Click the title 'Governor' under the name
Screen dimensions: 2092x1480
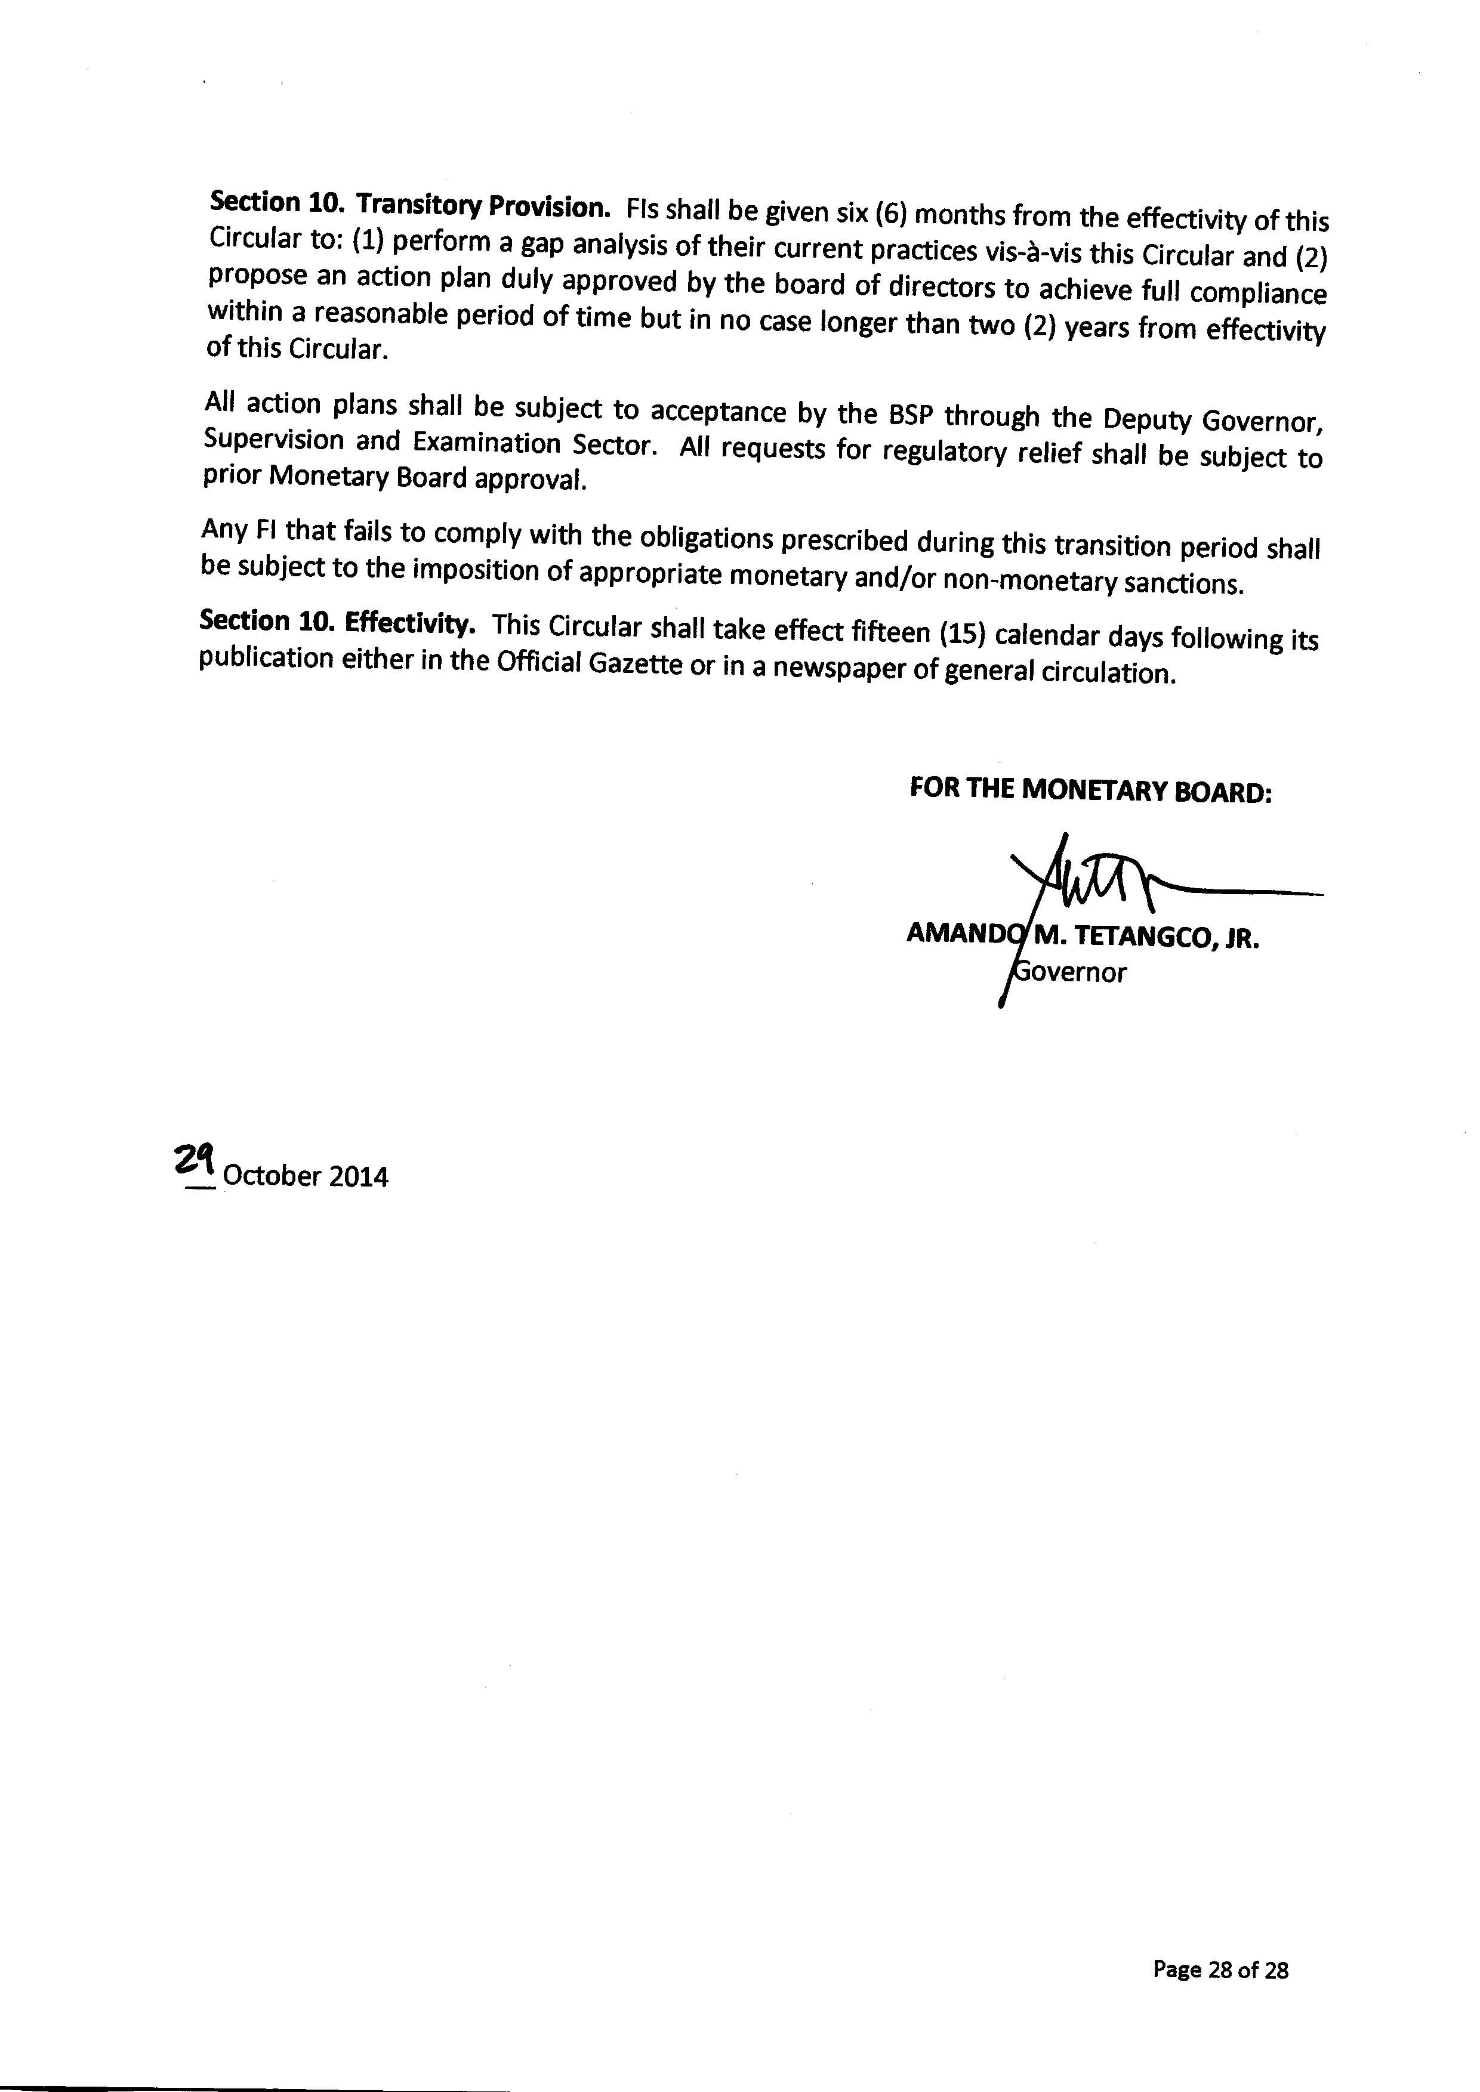(x=1071, y=972)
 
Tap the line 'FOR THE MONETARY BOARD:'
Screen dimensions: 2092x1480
(x=1090, y=790)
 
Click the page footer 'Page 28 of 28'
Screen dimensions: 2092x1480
(x=1220, y=1970)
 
